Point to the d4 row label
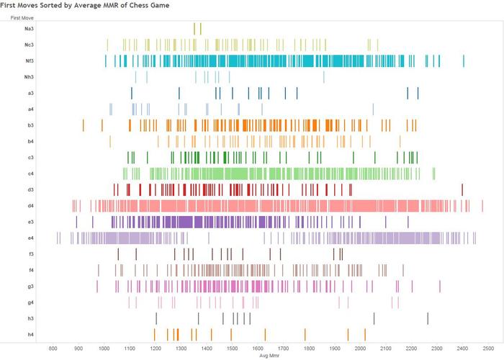pyautogui.click(x=30, y=205)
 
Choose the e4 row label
pyautogui.click(x=30, y=238)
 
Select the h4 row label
pyautogui.click(x=30, y=334)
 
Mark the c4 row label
pyautogui.click(x=30, y=174)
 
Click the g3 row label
pyautogui.click(x=30, y=286)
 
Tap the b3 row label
pyautogui.click(x=30, y=125)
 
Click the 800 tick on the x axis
pyautogui.click(x=53, y=347)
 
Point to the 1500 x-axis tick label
pyautogui.click(x=232, y=347)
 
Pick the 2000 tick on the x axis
pyautogui.click(x=360, y=347)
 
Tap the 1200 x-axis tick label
pyautogui.click(x=155, y=347)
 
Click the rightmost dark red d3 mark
pyautogui.click(x=462, y=189)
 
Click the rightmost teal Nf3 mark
pyautogui.click(x=464, y=61)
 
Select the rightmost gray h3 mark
pyautogui.click(x=428, y=318)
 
